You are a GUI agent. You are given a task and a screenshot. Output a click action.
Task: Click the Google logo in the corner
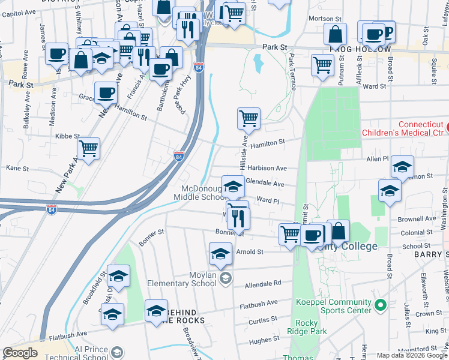point(20,353)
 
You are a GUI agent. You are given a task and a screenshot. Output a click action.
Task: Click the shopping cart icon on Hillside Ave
point(248,118)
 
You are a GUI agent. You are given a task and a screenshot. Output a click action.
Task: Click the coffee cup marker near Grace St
point(106,94)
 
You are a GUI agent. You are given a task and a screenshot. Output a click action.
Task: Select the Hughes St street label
point(260,341)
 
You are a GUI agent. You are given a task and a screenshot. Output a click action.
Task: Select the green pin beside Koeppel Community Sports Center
point(379,306)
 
